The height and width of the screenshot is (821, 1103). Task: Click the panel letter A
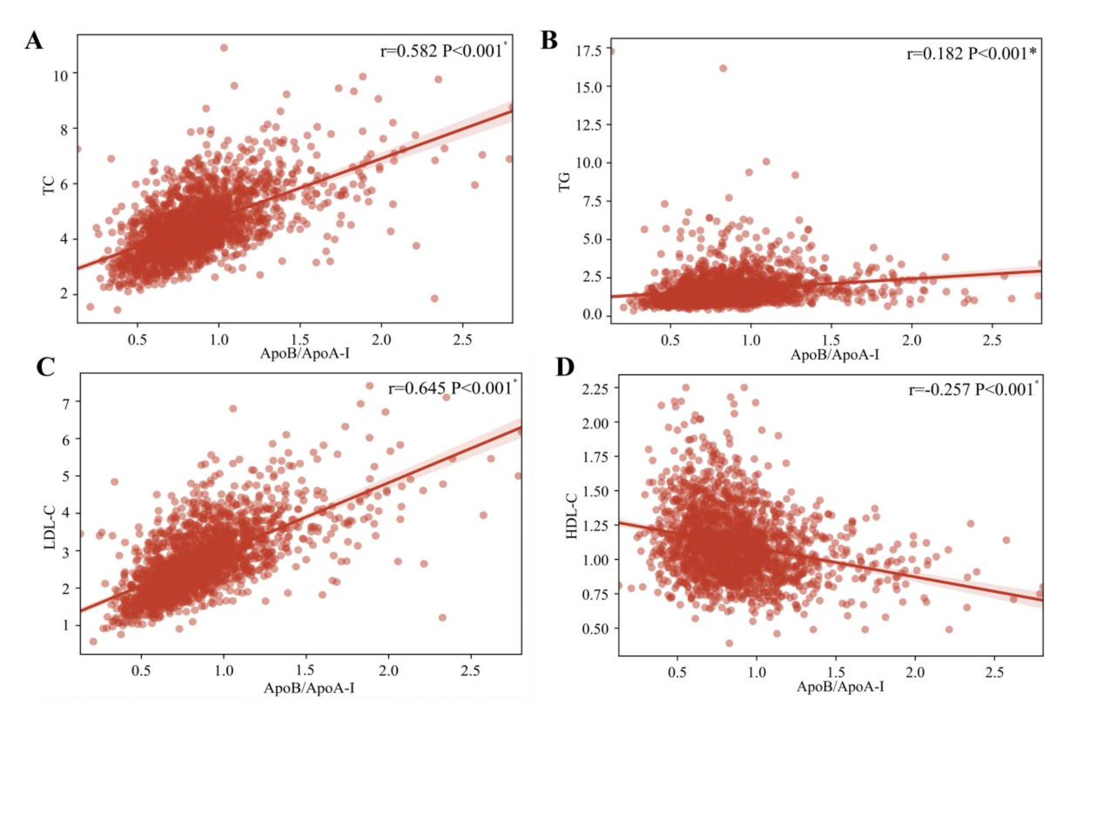[34, 41]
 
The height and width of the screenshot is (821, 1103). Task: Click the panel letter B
[549, 41]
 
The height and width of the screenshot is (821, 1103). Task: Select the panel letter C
[46, 367]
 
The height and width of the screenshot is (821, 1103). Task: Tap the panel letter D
[565, 367]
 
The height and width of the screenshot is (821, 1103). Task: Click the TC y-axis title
[49, 185]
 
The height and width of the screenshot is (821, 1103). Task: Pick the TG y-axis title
[564, 182]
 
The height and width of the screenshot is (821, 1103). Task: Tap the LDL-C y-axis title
[50, 528]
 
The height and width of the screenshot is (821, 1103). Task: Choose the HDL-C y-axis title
[572, 516]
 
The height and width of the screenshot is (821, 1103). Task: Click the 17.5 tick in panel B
[588, 51]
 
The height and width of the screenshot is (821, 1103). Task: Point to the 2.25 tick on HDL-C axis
[595, 389]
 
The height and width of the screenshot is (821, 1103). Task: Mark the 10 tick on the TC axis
[60, 76]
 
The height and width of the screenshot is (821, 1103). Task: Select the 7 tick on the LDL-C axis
[66, 404]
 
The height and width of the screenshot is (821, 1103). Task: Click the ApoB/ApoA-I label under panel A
[304, 353]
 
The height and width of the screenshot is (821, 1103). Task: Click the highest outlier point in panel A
[224, 48]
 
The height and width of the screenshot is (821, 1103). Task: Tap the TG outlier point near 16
[723, 68]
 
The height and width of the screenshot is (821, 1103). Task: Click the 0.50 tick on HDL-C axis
[595, 629]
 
